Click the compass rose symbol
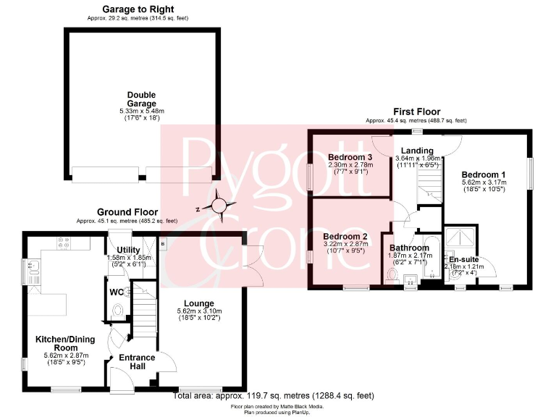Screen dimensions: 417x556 pyautogui.click(x=219, y=207)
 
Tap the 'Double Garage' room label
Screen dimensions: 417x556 pyautogui.click(x=141, y=99)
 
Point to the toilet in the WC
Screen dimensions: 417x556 pyautogui.click(x=119, y=310)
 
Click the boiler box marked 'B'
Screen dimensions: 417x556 pyautogui.click(x=163, y=245)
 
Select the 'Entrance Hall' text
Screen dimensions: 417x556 pyautogui.click(x=137, y=362)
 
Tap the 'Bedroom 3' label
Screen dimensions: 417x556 pyautogui.click(x=350, y=157)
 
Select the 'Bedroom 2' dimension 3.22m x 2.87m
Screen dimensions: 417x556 pyautogui.click(x=345, y=245)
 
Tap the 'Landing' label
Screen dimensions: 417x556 pyautogui.click(x=416, y=150)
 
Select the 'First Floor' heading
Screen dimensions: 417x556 pyautogui.click(x=416, y=111)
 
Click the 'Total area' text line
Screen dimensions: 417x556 pyautogui.click(x=274, y=396)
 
